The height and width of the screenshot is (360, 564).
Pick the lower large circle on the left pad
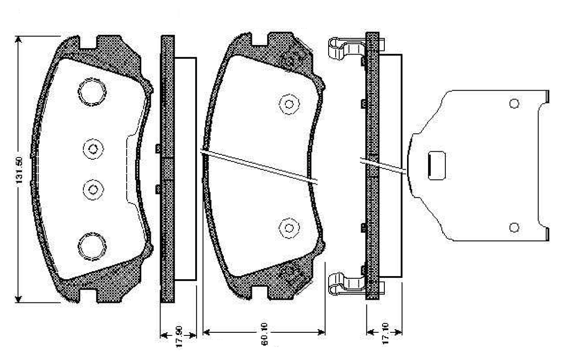click(x=92, y=246)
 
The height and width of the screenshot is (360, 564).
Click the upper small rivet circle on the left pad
click(x=93, y=149)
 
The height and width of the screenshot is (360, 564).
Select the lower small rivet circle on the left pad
click(x=93, y=190)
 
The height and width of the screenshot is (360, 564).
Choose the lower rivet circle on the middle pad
click(x=288, y=228)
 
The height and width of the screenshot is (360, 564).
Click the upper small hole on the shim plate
click(x=514, y=103)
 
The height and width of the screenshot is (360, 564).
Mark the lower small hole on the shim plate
click(x=514, y=228)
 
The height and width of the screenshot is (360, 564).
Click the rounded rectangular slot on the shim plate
click(x=437, y=166)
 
